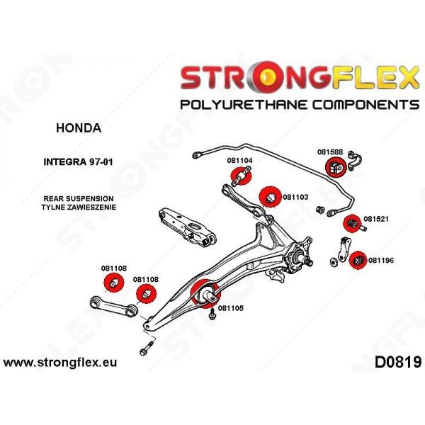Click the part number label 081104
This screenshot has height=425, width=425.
(x=239, y=161)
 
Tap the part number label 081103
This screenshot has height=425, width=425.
(x=295, y=197)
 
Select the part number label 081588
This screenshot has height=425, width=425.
(x=330, y=152)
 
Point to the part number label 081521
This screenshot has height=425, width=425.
(x=375, y=219)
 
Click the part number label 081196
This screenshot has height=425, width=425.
(x=381, y=261)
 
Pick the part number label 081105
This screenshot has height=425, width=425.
(x=231, y=308)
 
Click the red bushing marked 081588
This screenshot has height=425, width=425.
(x=336, y=167)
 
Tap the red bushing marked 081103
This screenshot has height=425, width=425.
(x=270, y=197)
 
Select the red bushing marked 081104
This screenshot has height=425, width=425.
(x=241, y=176)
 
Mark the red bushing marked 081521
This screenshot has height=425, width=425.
(x=352, y=223)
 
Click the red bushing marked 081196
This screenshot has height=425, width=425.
(x=358, y=261)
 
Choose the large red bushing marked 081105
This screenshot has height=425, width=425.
(x=205, y=293)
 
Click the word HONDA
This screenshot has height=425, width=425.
(x=79, y=128)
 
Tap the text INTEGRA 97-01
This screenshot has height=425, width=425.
(x=78, y=162)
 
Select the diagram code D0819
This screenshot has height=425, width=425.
(x=398, y=362)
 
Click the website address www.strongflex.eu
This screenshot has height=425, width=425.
(x=60, y=363)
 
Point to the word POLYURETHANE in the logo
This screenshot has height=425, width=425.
(x=244, y=104)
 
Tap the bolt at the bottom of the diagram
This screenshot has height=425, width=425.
(x=146, y=348)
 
